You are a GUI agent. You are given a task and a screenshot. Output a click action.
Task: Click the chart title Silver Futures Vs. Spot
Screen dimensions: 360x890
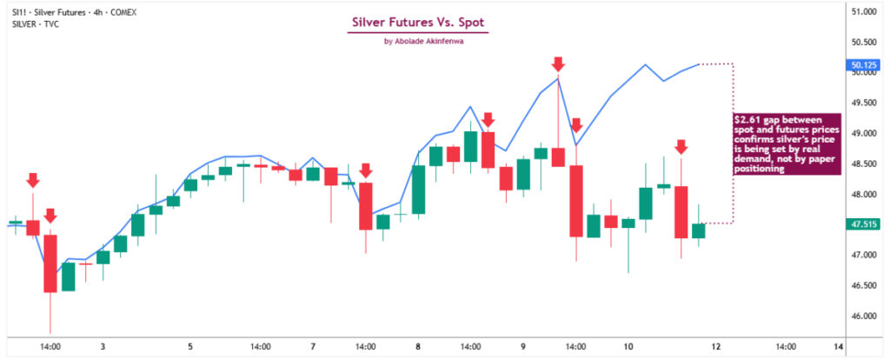(418, 22)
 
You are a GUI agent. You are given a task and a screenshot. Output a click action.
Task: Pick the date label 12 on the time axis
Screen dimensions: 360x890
(715, 347)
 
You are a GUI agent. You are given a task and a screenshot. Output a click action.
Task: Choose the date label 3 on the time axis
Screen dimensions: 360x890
(103, 347)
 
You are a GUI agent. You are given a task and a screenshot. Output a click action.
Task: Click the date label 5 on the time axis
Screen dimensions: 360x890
(190, 347)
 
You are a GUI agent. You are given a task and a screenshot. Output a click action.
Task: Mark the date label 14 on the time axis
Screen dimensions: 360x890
(838, 347)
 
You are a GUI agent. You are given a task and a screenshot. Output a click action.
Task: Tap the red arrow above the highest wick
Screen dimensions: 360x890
(558, 63)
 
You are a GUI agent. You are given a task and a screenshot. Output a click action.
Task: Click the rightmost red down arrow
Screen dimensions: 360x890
(681, 147)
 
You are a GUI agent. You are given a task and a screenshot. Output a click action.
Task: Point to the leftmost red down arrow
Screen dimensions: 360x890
(32, 180)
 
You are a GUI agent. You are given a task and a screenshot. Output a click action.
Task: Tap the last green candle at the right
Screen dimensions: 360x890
(699, 230)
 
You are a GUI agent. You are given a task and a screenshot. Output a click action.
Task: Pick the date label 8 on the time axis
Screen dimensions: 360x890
(418, 347)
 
